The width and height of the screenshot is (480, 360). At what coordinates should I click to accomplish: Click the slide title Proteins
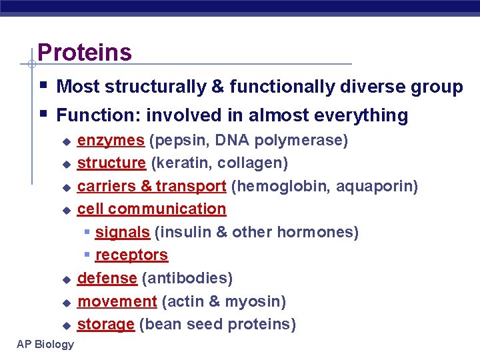(85, 52)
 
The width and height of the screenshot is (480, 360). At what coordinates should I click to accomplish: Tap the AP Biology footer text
(46, 344)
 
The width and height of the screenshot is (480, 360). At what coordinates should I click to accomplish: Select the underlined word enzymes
(111, 140)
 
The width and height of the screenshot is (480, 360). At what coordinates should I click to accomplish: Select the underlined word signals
(122, 233)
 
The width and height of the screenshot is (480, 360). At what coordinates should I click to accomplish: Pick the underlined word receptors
(131, 255)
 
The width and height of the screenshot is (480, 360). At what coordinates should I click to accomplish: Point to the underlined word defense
(107, 278)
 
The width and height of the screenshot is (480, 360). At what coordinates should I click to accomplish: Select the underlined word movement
(117, 301)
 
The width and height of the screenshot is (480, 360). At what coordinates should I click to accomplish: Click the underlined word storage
(106, 325)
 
